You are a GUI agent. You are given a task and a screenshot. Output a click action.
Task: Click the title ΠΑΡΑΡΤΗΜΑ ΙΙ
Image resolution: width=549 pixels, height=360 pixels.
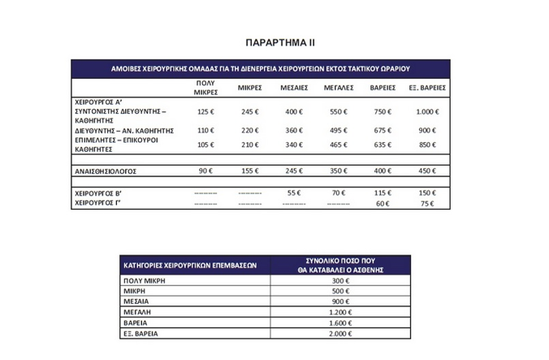pos(274,40)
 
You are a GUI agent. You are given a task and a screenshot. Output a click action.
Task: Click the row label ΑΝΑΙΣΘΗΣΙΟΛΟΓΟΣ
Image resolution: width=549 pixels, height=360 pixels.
pos(110,171)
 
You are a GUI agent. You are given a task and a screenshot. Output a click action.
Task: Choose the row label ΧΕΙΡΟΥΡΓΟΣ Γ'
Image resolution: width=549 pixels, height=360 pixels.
pos(100,203)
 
